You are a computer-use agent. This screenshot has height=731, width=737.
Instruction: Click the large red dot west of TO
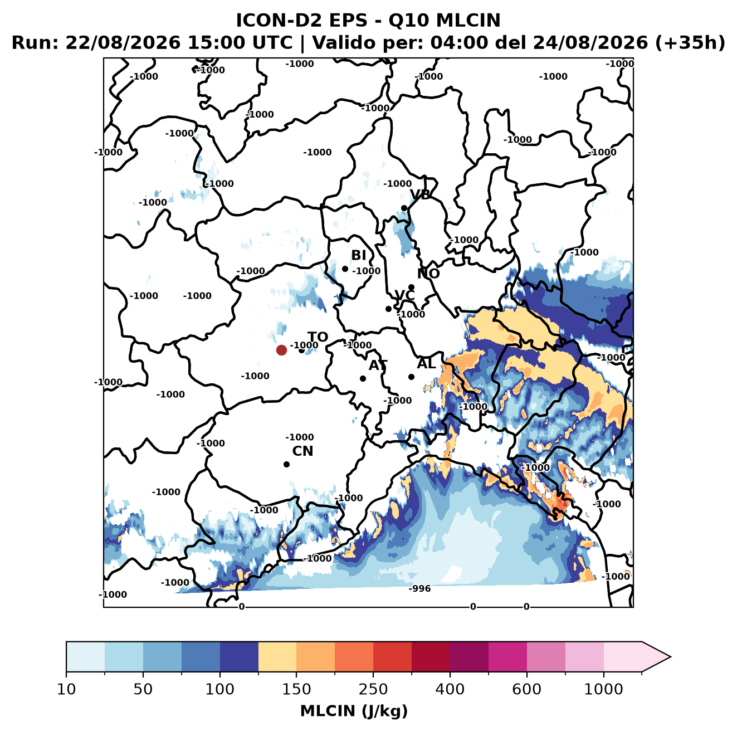pyautogui.click(x=281, y=350)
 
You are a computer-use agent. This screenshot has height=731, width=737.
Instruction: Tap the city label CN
pyautogui.click(x=302, y=451)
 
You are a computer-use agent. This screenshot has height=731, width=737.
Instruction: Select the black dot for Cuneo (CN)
pyautogui.click(x=286, y=464)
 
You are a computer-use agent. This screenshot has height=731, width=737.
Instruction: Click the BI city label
pyautogui.click(x=358, y=255)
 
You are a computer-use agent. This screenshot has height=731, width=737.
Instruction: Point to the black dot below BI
pyautogui.click(x=345, y=269)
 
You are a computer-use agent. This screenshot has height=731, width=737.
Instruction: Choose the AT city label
pyautogui.click(x=378, y=365)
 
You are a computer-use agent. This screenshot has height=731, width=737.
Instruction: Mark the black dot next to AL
pyautogui.click(x=411, y=377)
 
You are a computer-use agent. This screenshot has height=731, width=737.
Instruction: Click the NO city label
pyautogui.click(x=428, y=274)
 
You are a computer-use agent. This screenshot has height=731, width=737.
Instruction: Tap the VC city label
pyautogui.click(x=404, y=295)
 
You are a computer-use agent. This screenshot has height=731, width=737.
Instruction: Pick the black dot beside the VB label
pyautogui.click(x=404, y=208)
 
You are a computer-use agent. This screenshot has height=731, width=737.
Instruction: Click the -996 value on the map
pyautogui.click(x=419, y=589)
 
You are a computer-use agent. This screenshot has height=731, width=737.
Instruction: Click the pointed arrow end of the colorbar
pyautogui.click(x=670, y=657)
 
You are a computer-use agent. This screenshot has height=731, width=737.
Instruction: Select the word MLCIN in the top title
pyautogui.click(x=468, y=20)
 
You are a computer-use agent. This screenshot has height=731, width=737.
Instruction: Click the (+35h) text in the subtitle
pyautogui.click(x=690, y=43)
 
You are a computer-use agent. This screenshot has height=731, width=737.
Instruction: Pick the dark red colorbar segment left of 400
pyautogui.click(x=431, y=657)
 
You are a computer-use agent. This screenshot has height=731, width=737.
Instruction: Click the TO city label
pyautogui.click(x=318, y=337)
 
